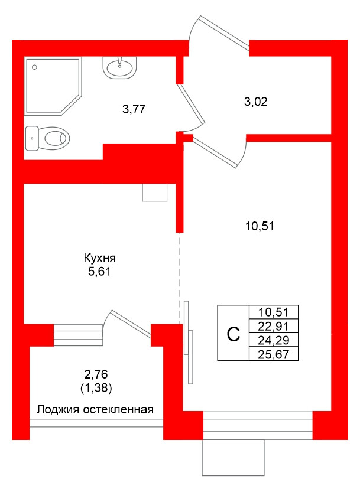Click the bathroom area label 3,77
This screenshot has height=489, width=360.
[134, 109]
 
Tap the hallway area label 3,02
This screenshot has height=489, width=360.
[256, 101]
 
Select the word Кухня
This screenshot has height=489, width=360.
[100, 258]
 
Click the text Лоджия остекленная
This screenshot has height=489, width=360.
[95, 409]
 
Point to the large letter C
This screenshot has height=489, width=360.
[233, 334]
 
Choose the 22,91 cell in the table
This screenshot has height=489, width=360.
[274, 326]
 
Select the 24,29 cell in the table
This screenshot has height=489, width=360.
[274, 340]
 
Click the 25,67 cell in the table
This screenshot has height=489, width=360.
[274, 354]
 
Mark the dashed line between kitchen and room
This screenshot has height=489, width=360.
[180, 278]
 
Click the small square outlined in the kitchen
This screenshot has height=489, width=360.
[155, 193]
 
